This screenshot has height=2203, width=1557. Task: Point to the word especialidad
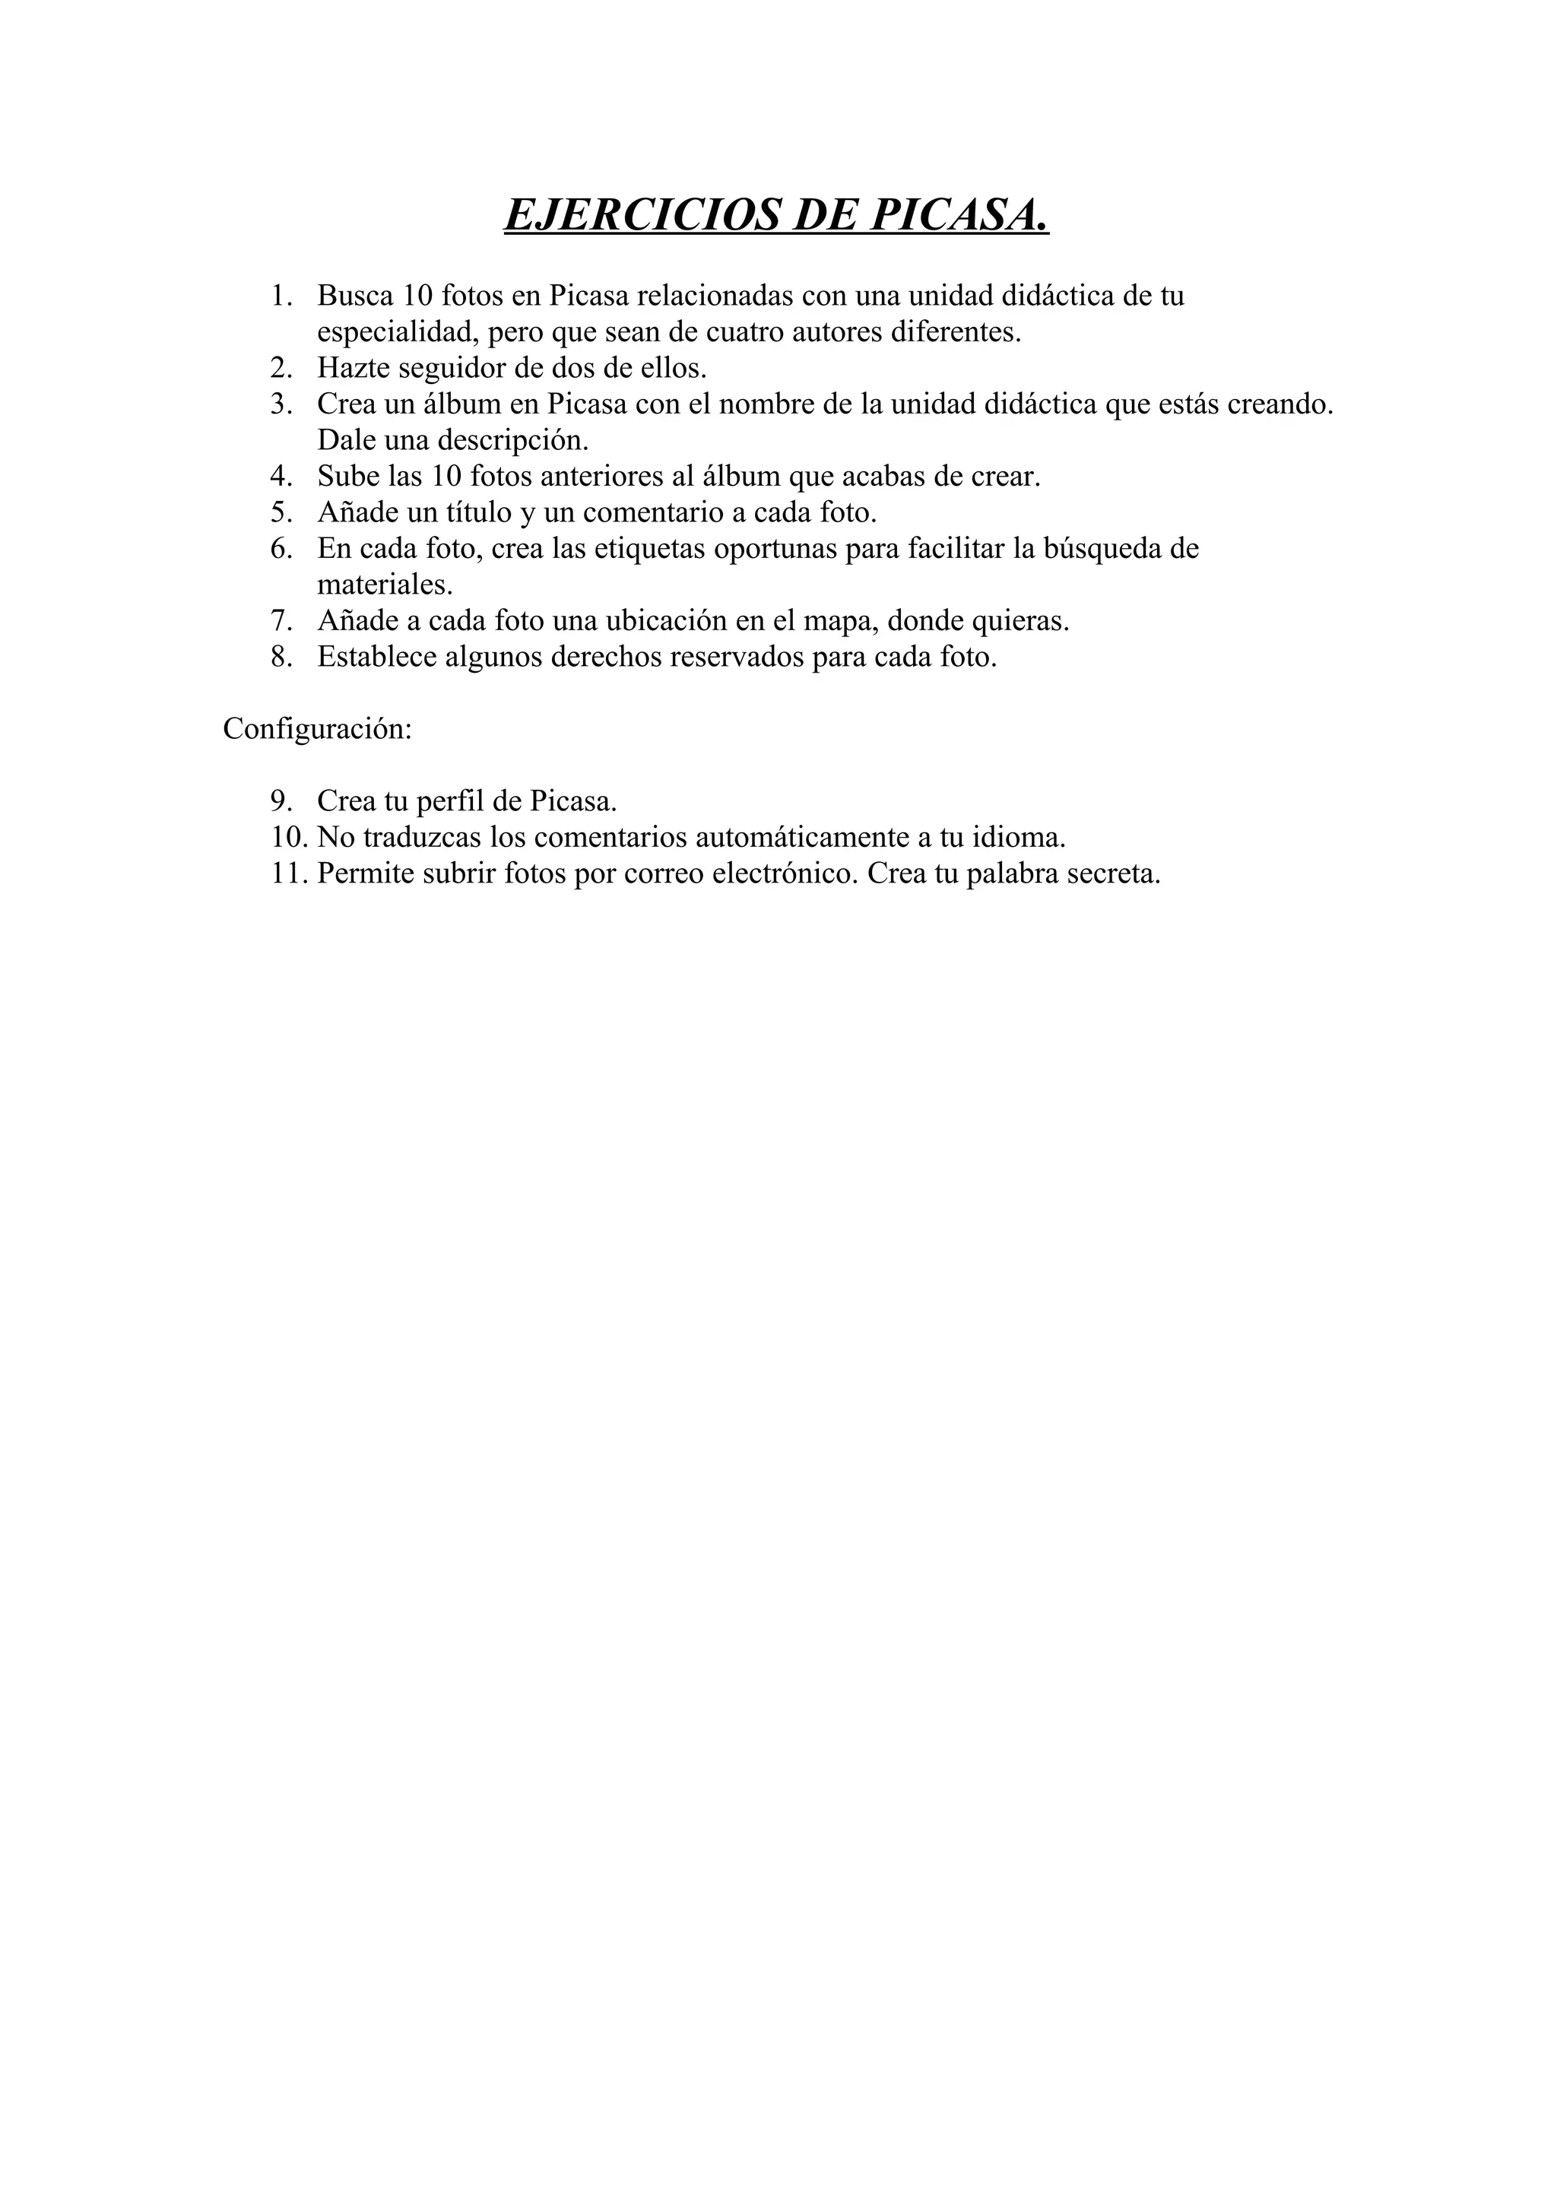click(398, 332)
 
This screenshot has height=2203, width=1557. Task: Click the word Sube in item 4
click(348, 476)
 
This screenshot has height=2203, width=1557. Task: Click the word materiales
click(385, 585)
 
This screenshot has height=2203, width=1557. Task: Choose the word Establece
click(377, 658)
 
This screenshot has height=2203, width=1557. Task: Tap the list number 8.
click(280, 658)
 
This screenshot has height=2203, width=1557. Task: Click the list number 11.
click(289, 874)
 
